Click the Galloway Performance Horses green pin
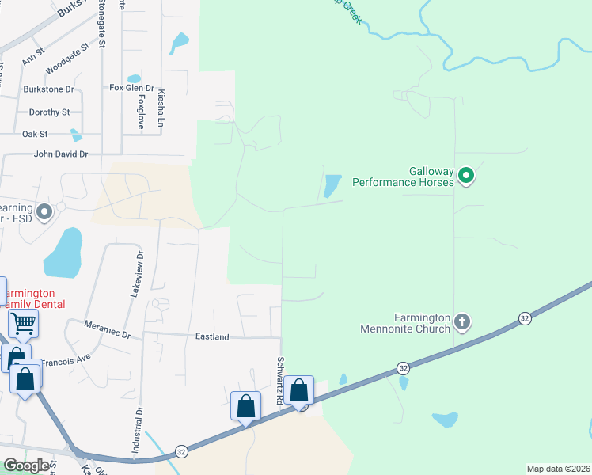click(x=467, y=174)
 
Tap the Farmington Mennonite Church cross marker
click(x=463, y=322)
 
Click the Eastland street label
click(x=212, y=336)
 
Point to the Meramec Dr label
click(x=108, y=330)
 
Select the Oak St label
click(x=35, y=134)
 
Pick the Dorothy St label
click(x=49, y=112)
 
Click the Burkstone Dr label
click(x=48, y=89)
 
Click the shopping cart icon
click(x=23, y=322)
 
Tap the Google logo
click(x=25, y=465)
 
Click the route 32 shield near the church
click(x=525, y=317)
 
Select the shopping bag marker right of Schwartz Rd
click(x=299, y=389)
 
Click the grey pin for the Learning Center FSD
click(x=44, y=211)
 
